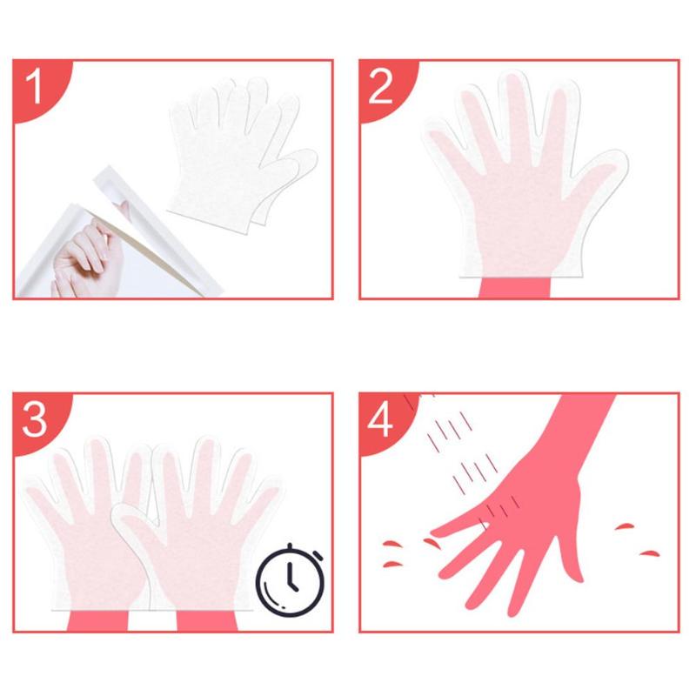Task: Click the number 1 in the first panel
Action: tap(34, 86)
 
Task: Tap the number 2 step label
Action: tap(380, 86)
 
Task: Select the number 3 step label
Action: tap(34, 419)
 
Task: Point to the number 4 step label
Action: tap(380, 419)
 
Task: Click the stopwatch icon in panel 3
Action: tap(291, 579)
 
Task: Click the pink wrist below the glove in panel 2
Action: tap(515, 287)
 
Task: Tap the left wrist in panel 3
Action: tap(97, 620)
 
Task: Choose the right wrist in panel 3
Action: tap(207, 620)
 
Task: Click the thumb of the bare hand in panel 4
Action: tap(570, 557)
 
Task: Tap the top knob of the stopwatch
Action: tap(290, 546)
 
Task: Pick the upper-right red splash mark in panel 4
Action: tap(625, 527)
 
